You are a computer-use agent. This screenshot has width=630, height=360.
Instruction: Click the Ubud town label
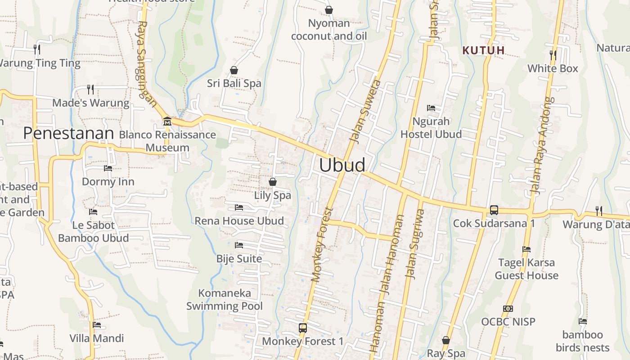coord(342,165)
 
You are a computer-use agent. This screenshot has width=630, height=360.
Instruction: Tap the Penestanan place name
coord(68,133)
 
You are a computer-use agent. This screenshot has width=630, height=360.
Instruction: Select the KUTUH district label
coord(484,50)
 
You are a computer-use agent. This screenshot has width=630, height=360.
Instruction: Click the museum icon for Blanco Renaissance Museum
coord(167,121)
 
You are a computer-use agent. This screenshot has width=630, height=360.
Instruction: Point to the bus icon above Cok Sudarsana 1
coord(494,210)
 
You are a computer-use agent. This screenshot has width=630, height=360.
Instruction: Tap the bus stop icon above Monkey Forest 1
coord(303,328)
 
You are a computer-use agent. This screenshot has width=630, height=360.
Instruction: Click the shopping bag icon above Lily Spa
coord(272,182)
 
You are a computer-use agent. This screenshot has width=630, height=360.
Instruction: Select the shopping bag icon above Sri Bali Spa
coord(234,70)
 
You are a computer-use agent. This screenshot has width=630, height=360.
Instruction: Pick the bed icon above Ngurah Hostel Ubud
coord(431,108)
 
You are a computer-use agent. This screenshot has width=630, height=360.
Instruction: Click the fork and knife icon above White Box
coord(553,55)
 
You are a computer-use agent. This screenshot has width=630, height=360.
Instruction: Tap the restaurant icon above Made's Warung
coord(90,89)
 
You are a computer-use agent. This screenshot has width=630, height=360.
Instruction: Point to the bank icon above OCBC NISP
coord(508,309)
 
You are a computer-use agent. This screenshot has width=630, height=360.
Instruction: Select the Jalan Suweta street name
coord(365,111)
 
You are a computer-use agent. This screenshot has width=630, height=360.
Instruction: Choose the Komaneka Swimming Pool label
coord(225,300)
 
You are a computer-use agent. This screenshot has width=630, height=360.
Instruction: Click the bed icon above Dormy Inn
coord(108,168)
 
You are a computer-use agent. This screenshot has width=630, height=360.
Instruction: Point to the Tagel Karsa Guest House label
coord(526,269)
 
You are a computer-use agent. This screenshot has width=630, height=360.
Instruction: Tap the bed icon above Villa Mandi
coord(97,325)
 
